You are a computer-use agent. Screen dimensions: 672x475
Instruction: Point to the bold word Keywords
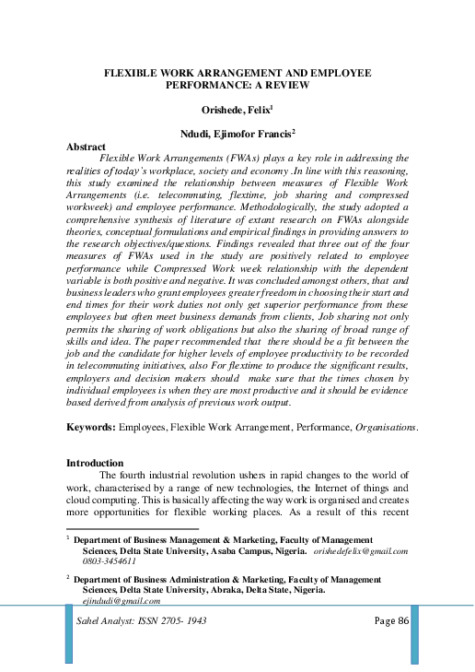pos(94,428)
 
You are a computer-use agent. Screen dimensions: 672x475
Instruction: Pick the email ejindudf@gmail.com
pos(115,599)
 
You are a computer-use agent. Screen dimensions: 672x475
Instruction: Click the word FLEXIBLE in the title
pos(134,71)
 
